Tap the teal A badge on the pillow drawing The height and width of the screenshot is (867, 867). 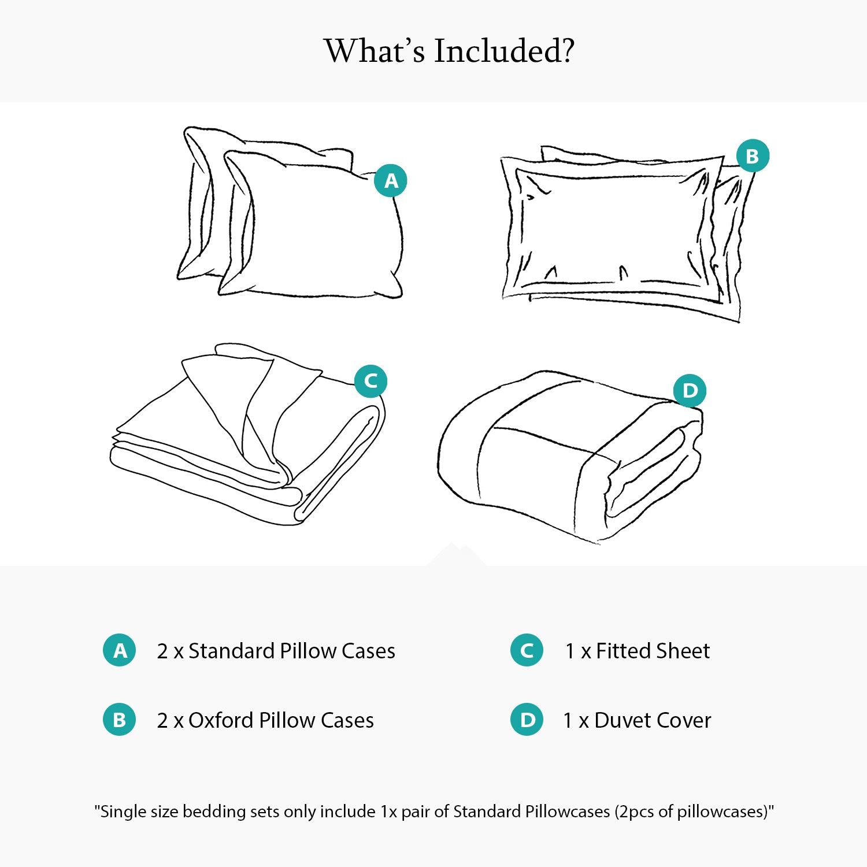pyautogui.click(x=391, y=180)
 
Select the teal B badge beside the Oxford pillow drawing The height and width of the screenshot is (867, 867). pyautogui.click(x=753, y=156)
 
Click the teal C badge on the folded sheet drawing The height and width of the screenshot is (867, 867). pyautogui.click(x=370, y=381)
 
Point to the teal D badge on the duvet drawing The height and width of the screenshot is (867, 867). pyautogui.click(x=690, y=391)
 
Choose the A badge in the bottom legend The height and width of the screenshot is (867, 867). pyautogui.click(x=120, y=650)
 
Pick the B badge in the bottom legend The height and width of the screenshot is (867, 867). pyautogui.click(x=120, y=720)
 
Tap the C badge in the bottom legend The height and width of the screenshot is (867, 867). pyautogui.click(x=527, y=650)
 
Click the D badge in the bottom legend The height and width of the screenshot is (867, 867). pyautogui.click(x=527, y=720)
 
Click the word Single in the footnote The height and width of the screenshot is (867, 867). pyautogui.click(x=123, y=812)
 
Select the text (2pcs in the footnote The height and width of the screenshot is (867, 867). pyautogui.click(x=635, y=812)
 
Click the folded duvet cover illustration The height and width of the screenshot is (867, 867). pyautogui.click(x=569, y=457)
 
